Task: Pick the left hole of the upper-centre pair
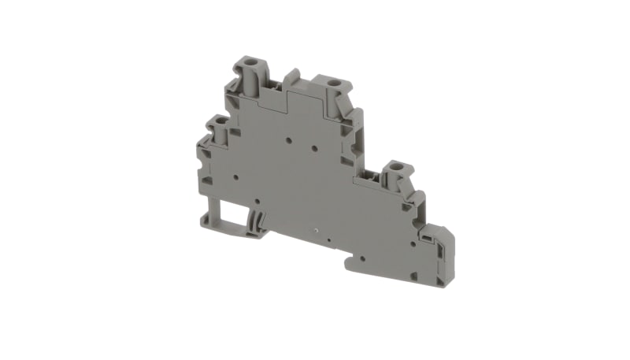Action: [289, 143]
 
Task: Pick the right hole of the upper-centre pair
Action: [313, 148]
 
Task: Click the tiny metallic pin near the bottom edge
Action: [317, 233]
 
